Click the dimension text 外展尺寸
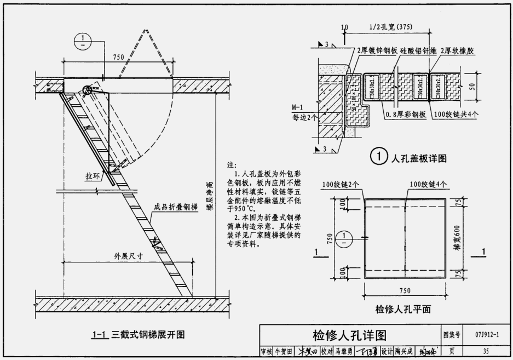[129, 255]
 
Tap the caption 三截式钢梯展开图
[148, 334]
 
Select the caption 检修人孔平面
[404, 310]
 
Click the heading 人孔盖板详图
[419, 158]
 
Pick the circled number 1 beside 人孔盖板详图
[379, 158]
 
